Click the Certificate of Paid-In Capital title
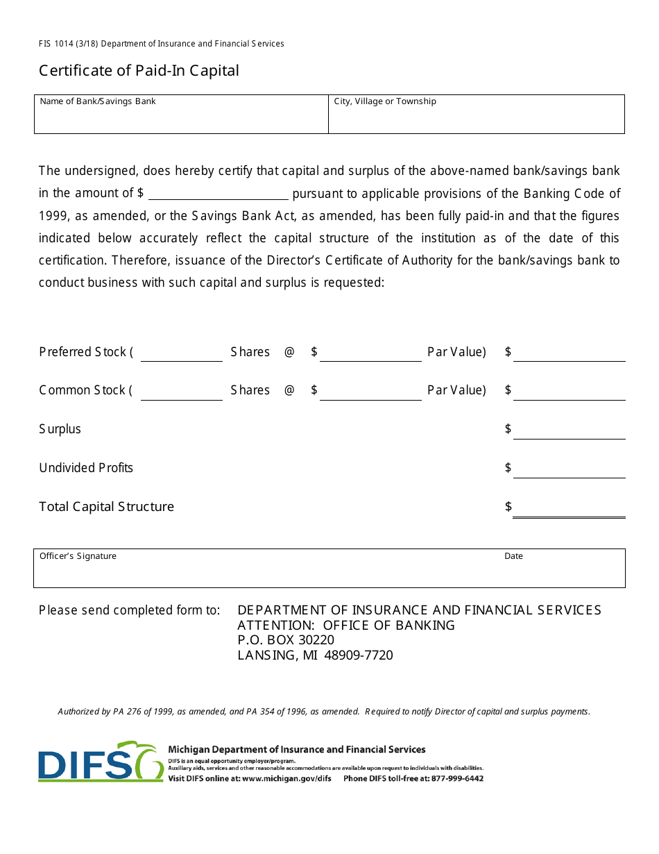(139, 71)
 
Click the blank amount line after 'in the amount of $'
(218, 194)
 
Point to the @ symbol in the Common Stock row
(289, 390)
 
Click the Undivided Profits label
(86, 468)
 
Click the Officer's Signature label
(78, 556)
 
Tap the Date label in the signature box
(513, 556)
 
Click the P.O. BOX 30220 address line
(286, 640)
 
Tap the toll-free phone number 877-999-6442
(457, 778)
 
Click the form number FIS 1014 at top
(60, 44)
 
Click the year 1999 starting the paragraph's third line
(52, 216)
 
